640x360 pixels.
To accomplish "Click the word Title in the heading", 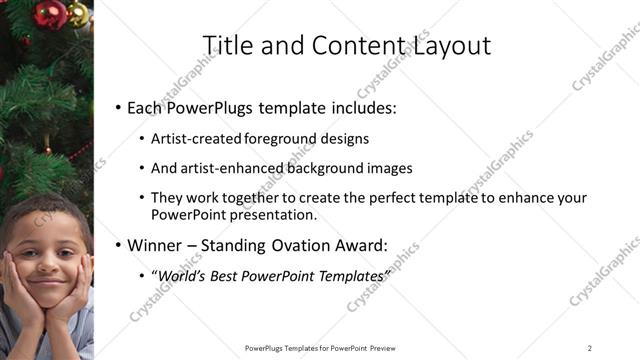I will coord(226,46).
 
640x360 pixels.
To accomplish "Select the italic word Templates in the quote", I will coord(353,274).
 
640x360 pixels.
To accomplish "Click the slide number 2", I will coord(590,347).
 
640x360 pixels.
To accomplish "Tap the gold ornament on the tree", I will coord(76,13).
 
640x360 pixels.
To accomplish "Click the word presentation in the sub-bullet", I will coord(277,215).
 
